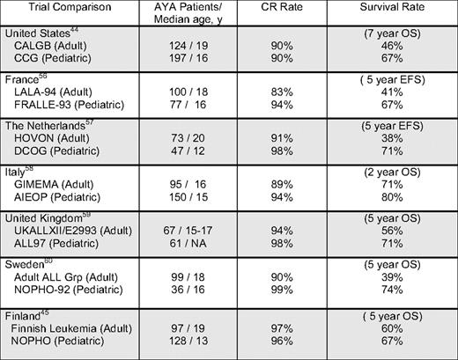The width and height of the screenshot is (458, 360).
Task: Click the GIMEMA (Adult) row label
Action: click(55, 208)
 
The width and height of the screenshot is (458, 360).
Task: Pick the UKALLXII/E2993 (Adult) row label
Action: click(73, 254)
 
